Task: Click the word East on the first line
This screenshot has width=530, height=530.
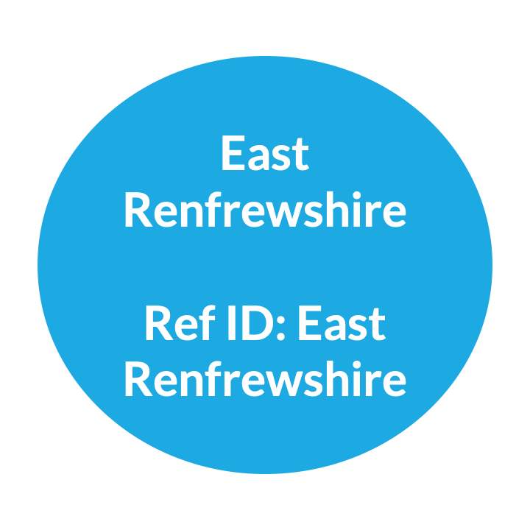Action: click(x=265, y=154)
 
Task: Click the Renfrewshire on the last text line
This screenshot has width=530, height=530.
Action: click(x=265, y=380)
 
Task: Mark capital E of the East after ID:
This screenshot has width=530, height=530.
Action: click(x=309, y=324)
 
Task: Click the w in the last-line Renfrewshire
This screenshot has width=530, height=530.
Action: click(x=274, y=384)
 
